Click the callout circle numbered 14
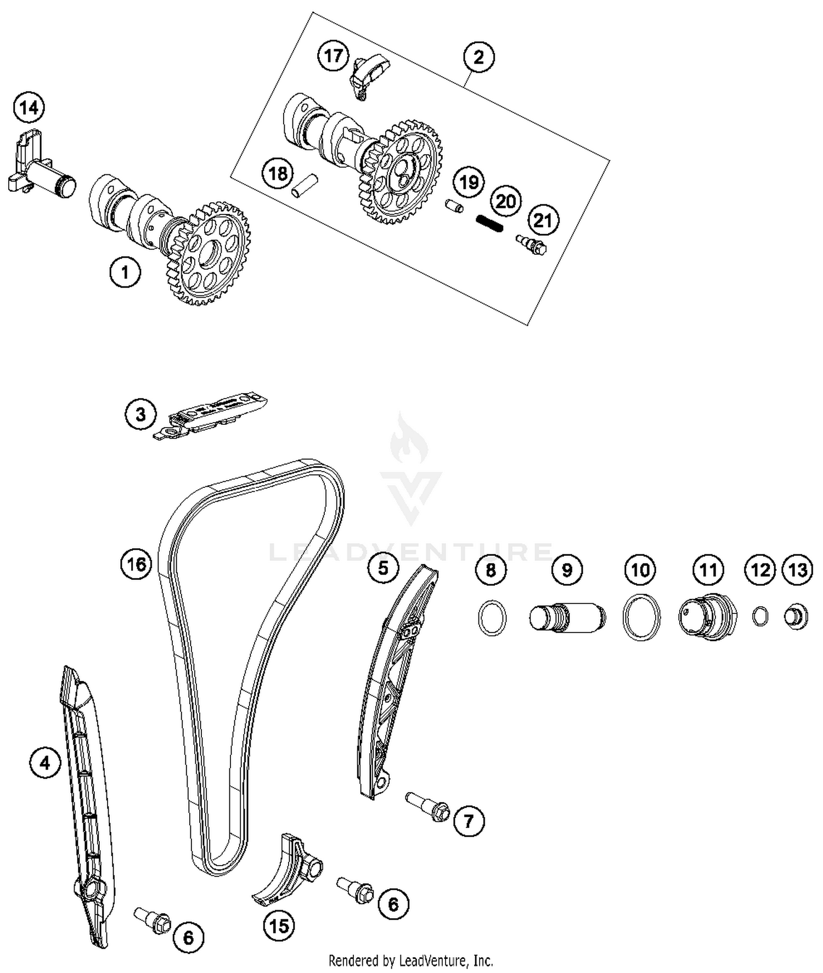29,107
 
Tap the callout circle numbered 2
478,56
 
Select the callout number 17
333,55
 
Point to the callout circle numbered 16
136,564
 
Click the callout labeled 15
279,926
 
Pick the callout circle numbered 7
469,821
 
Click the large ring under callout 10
641,617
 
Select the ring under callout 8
492,618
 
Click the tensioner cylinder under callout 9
567,617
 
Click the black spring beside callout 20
489,223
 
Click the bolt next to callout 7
427,807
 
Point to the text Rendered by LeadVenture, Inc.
410,960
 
